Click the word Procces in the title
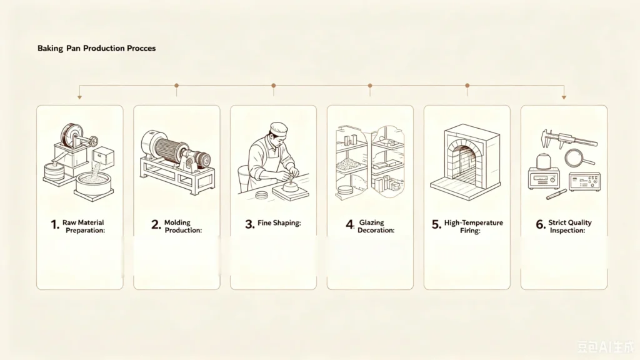(x=141, y=48)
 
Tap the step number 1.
(x=55, y=224)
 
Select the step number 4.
(x=350, y=224)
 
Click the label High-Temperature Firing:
(x=473, y=226)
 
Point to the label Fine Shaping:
(x=279, y=223)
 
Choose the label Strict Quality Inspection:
(x=569, y=226)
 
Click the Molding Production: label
(x=183, y=226)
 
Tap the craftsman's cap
(x=279, y=129)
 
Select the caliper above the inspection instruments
(x=569, y=139)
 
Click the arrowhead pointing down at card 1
(x=79, y=97)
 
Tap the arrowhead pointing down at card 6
(x=564, y=97)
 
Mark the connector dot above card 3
(x=274, y=85)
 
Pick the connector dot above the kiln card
(x=467, y=85)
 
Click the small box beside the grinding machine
(x=104, y=158)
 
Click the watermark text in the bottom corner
(x=606, y=346)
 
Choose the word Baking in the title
(x=50, y=48)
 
